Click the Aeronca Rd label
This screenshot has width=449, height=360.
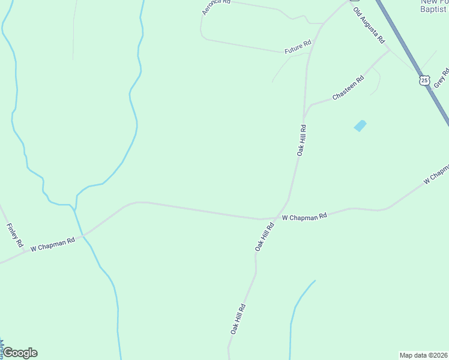tap(217, 2)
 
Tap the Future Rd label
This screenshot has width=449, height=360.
tap(298, 45)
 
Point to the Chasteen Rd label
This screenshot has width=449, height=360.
tap(348, 88)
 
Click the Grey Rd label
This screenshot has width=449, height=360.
tap(441, 76)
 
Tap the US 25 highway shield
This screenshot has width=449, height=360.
tap(425, 80)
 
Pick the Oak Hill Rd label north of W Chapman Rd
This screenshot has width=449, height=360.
tap(301, 140)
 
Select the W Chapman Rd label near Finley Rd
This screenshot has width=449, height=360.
tap(52, 244)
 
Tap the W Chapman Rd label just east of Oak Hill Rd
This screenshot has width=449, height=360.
tap(304, 216)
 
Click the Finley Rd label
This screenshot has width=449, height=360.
tap(14, 235)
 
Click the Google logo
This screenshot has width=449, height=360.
tap(20, 353)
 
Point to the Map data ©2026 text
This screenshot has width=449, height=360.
tap(424, 355)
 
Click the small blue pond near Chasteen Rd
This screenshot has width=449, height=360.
tap(360, 126)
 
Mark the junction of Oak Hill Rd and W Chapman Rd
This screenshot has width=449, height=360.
tap(278, 218)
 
